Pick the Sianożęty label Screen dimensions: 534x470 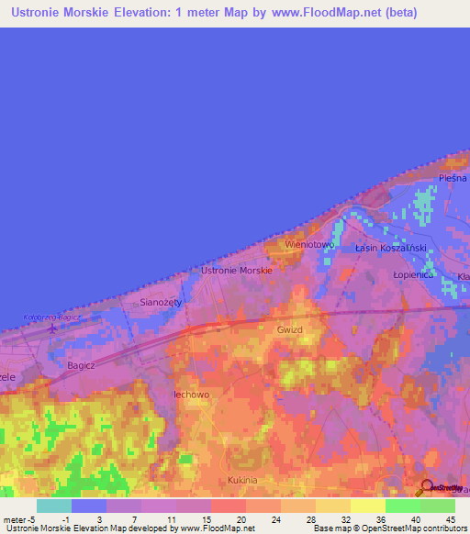coord(161,301)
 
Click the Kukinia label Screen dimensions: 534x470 coord(243,480)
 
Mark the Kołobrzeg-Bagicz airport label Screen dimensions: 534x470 coord(50,317)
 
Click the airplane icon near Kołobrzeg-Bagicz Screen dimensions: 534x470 coord(52,327)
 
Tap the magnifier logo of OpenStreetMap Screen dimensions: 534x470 coord(427,487)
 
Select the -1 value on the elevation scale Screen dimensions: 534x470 coord(65,518)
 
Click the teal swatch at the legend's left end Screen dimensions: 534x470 coord(54,506)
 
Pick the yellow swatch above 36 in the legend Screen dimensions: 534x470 coord(367,506)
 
